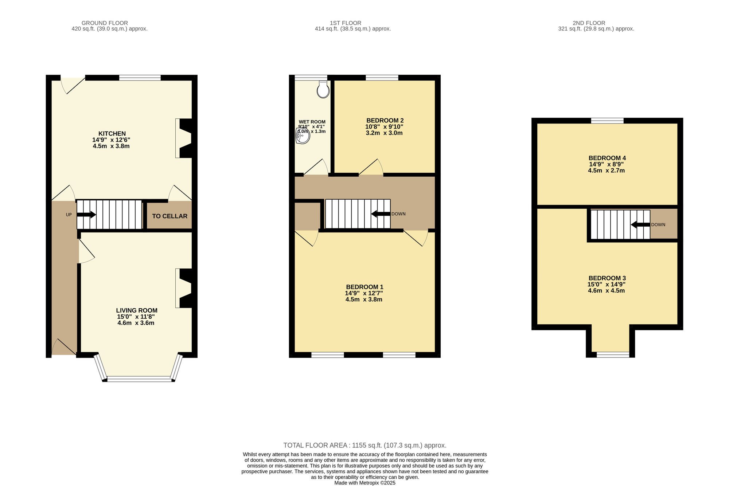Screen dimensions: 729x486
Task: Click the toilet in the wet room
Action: [323, 89]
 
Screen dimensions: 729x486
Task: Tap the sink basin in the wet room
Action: [303, 136]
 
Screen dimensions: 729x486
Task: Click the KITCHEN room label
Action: [112, 134]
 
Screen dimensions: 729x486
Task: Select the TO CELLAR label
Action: [169, 216]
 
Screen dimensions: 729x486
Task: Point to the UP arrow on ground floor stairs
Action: [86, 215]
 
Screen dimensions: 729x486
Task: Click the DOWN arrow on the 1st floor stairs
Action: [381, 214]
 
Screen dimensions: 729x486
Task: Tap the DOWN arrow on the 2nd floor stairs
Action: [640, 225]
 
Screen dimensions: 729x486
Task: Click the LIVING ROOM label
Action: [137, 310]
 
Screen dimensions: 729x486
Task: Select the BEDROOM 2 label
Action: [385, 121]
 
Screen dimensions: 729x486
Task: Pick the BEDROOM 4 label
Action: [607, 158]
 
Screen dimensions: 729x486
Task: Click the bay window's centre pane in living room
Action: [139, 379]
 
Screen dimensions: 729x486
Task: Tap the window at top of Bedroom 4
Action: [607, 121]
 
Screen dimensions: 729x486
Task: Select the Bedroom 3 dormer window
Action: [613, 354]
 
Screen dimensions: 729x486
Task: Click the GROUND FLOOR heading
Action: [105, 23]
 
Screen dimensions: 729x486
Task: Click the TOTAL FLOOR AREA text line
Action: [365, 445]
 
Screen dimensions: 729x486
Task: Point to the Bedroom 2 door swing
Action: [371, 167]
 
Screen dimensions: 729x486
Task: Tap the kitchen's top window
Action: [140, 78]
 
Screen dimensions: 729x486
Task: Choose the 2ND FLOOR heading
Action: [589, 23]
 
